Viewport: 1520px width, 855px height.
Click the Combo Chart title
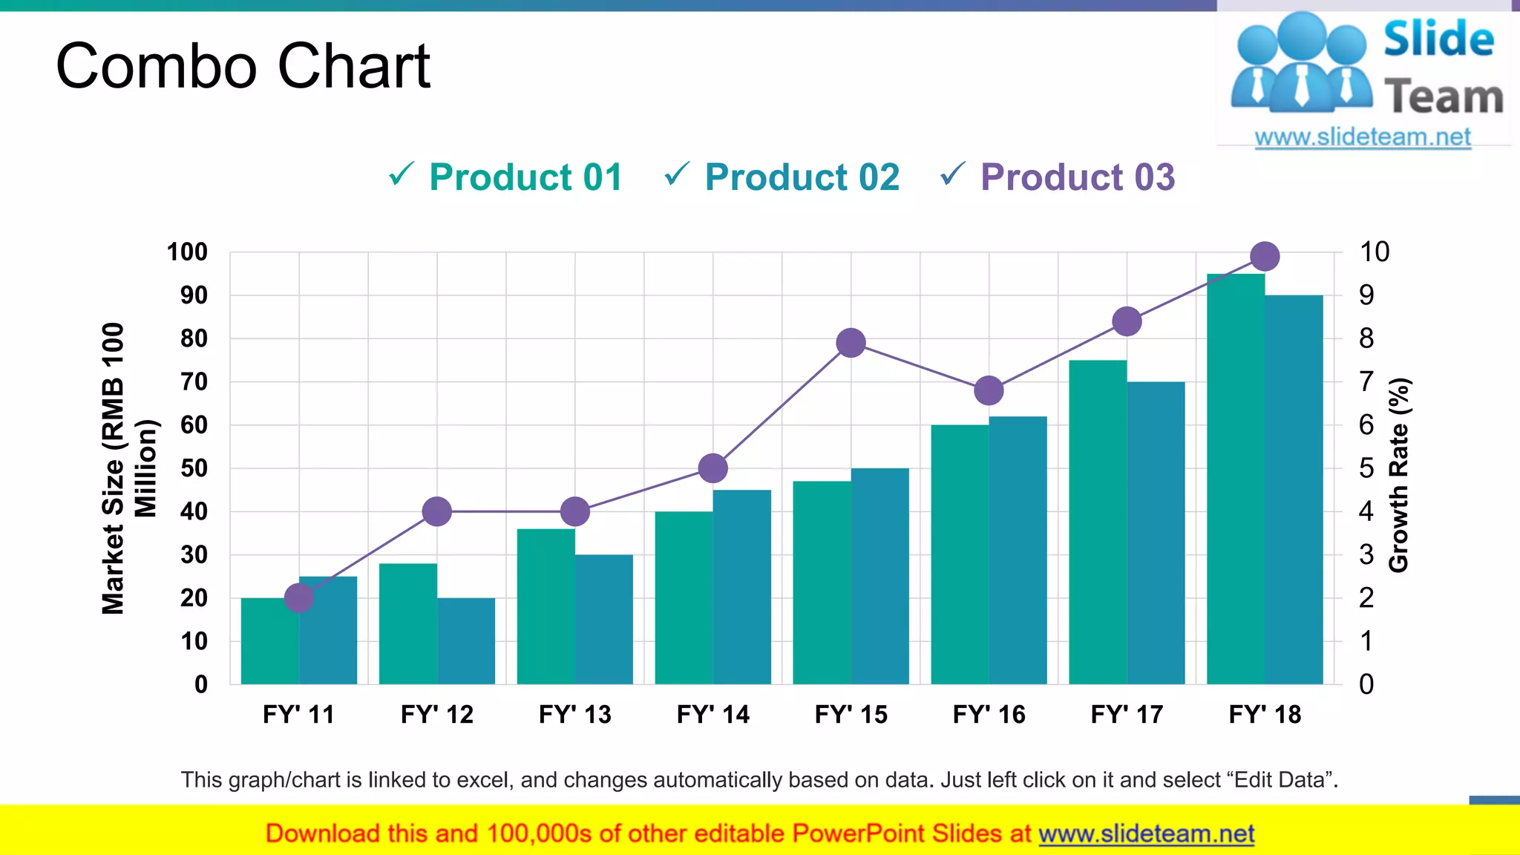click(243, 66)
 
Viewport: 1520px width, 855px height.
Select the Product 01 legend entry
click(525, 177)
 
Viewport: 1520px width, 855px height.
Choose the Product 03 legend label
click(1078, 177)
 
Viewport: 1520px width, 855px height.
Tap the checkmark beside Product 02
click(677, 174)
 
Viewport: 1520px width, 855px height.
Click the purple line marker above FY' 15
click(851, 343)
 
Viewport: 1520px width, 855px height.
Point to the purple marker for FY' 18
click(1265, 257)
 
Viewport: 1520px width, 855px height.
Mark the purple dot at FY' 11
click(299, 597)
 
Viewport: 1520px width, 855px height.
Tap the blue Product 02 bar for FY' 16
click(1018, 550)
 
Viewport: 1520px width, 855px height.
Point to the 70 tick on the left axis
click(194, 382)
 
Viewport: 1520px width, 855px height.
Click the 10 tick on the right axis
click(1374, 252)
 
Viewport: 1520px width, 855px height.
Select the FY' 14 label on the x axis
click(712, 714)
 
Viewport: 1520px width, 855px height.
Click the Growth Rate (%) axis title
click(1398, 475)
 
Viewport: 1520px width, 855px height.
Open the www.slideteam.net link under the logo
click(1363, 137)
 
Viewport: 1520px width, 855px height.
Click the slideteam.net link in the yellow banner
click(1146, 833)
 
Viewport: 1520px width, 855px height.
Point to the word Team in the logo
click(1444, 97)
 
